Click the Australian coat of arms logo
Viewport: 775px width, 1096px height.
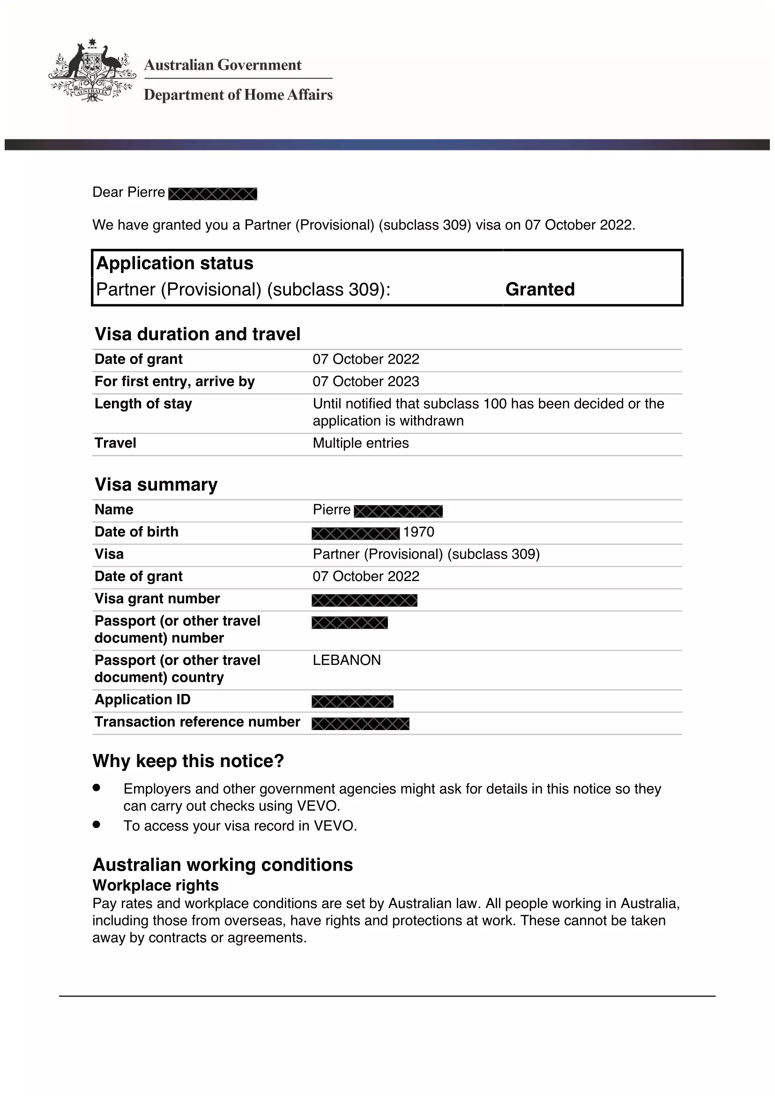(x=92, y=71)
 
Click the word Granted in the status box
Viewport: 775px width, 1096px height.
(x=540, y=289)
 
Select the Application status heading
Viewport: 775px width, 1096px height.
(x=175, y=263)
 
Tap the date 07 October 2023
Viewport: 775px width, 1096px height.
(x=365, y=381)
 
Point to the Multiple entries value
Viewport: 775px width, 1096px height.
(x=360, y=443)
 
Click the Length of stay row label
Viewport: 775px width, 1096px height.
(x=143, y=404)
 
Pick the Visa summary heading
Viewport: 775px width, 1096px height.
(x=156, y=485)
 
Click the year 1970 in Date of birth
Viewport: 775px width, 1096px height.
(x=418, y=532)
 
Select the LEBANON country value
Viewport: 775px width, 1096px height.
(x=346, y=660)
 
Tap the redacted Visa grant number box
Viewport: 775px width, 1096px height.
(x=365, y=600)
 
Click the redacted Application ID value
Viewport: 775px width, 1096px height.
(x=352, y=701)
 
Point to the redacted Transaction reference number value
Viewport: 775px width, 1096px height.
(x=360, y=723)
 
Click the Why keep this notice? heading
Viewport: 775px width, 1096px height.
(x=188, y=761)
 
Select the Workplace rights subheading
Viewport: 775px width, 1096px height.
(x=156, y=885)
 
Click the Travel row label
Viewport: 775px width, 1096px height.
(x=115, y=443)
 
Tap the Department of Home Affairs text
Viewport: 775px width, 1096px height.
(x=238, y=95)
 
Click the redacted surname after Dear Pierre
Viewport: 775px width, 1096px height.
(x=212, y=194)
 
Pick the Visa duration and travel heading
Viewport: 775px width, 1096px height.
(x=198, y=334)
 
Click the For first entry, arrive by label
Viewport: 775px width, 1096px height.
(x=175, y=381)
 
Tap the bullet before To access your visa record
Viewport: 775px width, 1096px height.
(x=97, y=824)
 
